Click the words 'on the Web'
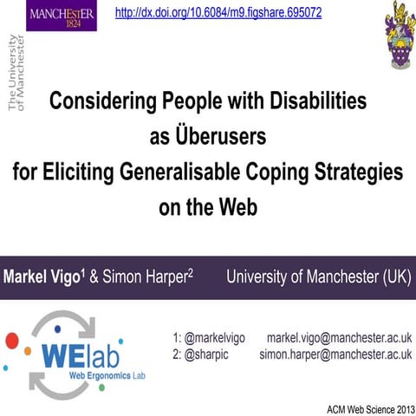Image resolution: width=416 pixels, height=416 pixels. tap(208, 208)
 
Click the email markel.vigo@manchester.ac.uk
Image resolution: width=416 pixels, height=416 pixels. tap(339, 336)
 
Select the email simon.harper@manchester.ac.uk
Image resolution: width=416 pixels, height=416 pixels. tap(335, 354)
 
